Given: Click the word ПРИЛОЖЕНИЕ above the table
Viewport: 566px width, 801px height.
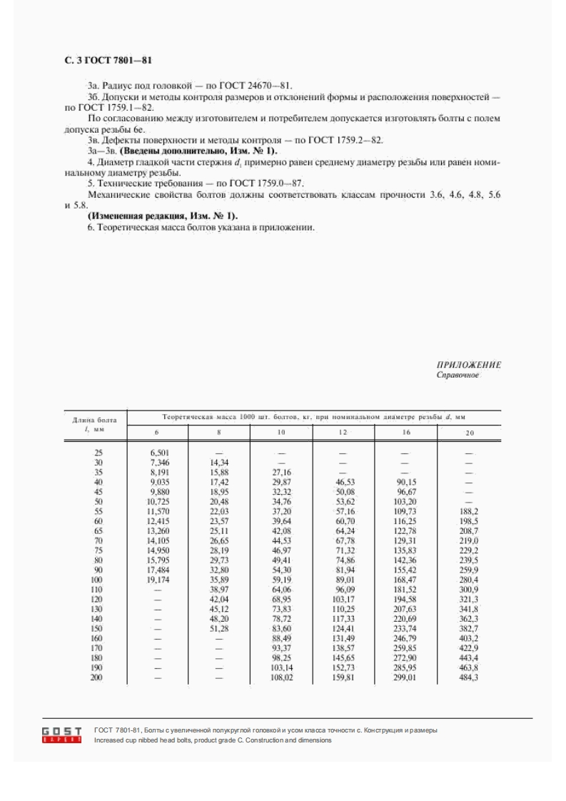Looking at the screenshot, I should (x=469, y=365).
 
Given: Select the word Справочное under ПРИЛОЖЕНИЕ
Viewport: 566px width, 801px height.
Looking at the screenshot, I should (x=458, y=374).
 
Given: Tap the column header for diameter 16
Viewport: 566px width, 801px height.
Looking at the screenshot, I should (x=405, y=433).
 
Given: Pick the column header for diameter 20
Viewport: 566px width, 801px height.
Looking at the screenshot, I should (x=469, y=433).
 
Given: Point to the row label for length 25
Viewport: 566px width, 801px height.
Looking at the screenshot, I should (x=97, y=453).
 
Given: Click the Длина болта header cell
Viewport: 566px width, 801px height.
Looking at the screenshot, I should (x=95, y=423).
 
